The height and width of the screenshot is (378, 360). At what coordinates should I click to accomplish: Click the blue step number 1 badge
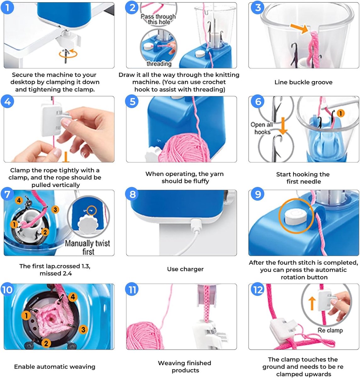point(7,8)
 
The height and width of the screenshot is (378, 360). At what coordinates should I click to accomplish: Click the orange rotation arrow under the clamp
point(68,54)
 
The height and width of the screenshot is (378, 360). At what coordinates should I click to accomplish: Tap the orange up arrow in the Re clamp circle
point(312,303)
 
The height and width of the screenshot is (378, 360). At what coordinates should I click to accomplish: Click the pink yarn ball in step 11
point(145,335)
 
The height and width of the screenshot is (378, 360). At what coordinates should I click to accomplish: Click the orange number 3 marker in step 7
point(55,209)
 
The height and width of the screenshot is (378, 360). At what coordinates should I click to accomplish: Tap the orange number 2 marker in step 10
point(46,343)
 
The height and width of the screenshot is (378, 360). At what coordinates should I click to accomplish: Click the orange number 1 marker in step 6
point(340,113)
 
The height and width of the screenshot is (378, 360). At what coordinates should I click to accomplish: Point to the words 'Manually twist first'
point(87,248)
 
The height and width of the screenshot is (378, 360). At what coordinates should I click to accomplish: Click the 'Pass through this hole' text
point(158,19)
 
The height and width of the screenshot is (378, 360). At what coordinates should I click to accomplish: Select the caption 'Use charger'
point(185,269)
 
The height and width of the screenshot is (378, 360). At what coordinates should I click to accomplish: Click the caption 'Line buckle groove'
point(303,82)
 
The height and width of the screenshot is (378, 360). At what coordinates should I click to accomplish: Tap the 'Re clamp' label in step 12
point(330,330)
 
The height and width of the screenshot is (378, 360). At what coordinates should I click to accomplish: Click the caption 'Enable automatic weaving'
point(55,367)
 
